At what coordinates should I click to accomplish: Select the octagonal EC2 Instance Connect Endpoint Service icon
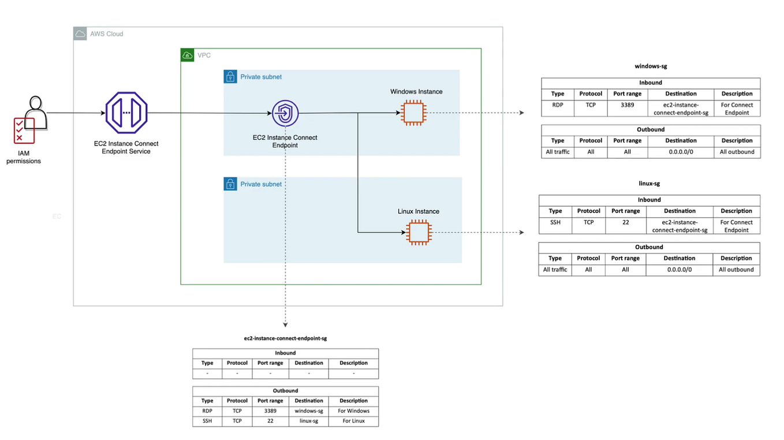pos(126,113)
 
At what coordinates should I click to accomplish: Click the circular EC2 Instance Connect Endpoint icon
pos(285,113)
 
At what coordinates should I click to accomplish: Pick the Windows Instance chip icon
pos(413,113)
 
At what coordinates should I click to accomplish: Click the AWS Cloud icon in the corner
pos(80,34)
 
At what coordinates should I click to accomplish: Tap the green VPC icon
pos(187,55)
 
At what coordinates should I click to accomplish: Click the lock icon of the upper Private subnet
pos(230,77)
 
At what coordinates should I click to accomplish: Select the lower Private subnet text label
pos(261,184)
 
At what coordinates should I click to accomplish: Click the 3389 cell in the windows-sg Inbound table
pos(627,105)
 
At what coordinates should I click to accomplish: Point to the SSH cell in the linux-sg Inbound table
pos(555,222)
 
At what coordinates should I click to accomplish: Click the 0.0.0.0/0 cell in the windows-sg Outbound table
pos(681,152)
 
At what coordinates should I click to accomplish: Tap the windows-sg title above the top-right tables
pos(651,66)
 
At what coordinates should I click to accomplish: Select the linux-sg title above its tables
pos(649,184)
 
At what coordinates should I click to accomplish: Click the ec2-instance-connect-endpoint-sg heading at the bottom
pos(285,338)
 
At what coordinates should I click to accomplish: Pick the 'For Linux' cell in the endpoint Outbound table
pos(353,421)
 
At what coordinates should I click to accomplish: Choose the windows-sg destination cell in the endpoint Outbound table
pos(309,411)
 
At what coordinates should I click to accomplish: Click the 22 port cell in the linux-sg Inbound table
pos(625,222)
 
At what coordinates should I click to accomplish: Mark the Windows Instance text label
pos(416,92)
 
